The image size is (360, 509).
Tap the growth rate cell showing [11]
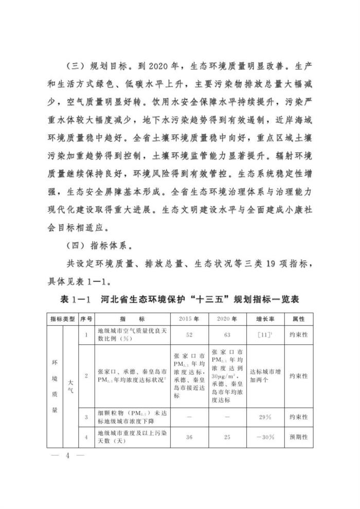(264, 335)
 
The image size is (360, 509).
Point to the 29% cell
(264, 416)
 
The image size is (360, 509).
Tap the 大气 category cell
(70, 383)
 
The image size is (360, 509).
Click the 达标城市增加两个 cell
(264, 376)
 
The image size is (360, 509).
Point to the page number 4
(67, 458)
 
